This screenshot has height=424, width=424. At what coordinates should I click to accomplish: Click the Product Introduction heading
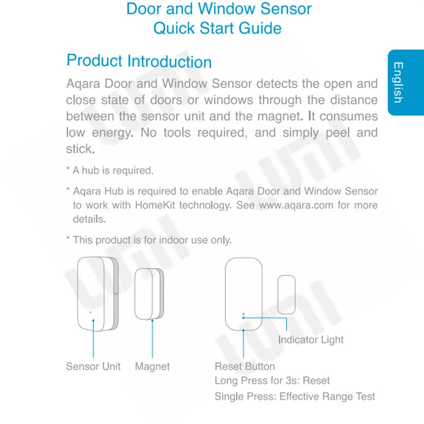pyautogui.click(x=139, y=61)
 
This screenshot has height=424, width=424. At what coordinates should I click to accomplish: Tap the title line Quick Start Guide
pyautogui.click(x=217, y=28)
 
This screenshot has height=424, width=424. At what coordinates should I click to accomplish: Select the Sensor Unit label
pyautogui.click(x=93, y=366)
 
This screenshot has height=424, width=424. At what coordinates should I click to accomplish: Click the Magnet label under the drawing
pyautogui.click(x=152, y=366)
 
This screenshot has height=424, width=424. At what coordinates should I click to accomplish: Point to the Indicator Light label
pyautogui.click(x=311, y=340)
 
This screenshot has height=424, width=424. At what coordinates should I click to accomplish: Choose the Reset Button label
pyautogui.click(x=245, y=366)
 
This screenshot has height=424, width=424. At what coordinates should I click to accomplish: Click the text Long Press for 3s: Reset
pyautogui.click(x=272, y=381)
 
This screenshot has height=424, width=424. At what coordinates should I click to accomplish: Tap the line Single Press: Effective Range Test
pyautogui.click(x=295, y=396)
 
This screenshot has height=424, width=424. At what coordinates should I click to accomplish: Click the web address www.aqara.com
pyautogui.click(x=296, y=205)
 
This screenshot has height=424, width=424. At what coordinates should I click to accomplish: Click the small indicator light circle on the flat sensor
pyautogui.click(x=243, y=315)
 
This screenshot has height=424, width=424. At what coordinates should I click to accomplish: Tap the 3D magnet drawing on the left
pyautogui.click(x=148, y=294)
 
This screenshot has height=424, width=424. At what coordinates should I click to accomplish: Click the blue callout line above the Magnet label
pyautogui.click(x=152, y=339)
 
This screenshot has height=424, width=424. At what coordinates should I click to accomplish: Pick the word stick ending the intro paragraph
pyautogui.click(x=79, y=149)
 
